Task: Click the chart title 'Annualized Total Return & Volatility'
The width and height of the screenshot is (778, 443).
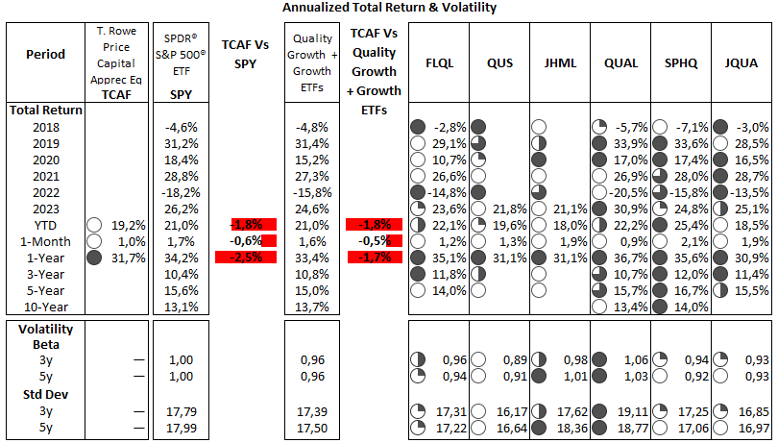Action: [390, 8]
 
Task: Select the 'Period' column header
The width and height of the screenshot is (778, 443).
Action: [45, 54]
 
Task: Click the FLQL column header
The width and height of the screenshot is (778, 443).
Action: [439, 63]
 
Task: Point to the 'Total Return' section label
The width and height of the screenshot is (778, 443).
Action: [45, 111]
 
